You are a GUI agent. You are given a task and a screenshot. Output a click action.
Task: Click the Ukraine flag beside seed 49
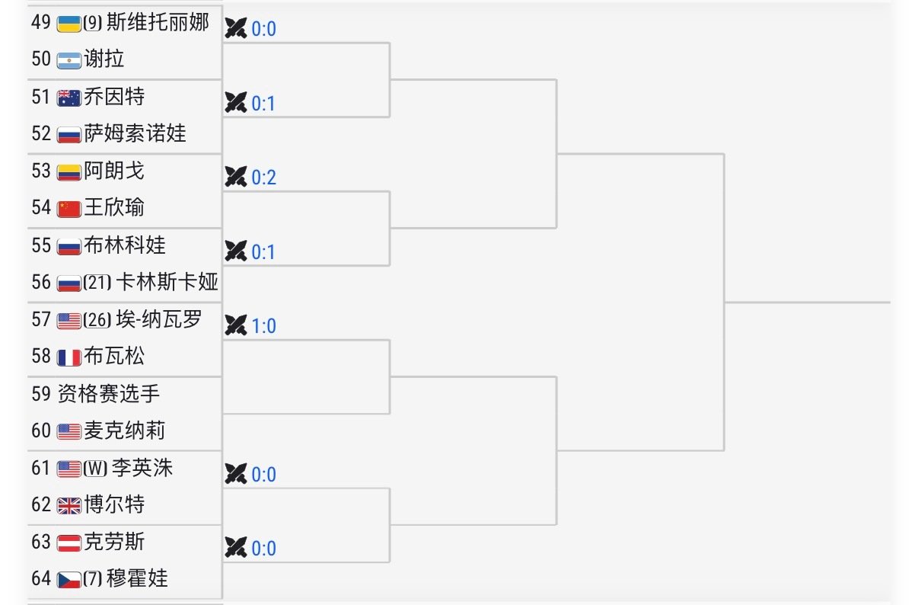(69, 24)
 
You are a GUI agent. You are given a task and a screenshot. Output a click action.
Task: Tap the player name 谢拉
(104, 59)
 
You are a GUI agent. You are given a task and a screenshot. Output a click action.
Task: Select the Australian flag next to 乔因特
(69, 98)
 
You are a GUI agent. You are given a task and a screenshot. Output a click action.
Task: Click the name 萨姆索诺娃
(135, 133)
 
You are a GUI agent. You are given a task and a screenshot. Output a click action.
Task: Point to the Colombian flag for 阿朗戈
(69, 173)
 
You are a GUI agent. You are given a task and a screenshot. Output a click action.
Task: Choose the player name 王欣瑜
(114, 207)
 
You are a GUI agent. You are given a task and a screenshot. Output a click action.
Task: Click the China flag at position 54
(69, 210)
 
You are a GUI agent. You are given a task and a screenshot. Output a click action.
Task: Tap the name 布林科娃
(125, 245)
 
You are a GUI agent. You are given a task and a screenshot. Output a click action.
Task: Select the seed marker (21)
(97, 283)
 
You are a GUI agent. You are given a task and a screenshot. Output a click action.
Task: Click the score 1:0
(263, 326)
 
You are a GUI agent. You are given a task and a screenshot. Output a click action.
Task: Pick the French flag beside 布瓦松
(69, 357)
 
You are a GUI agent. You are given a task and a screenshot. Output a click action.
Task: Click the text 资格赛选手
(109, 394)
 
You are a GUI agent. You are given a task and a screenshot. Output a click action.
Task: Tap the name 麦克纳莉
(125, 431)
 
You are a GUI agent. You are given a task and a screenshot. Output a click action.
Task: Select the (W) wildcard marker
(95, 469)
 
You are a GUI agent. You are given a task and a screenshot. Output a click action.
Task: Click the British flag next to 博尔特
(69, 506)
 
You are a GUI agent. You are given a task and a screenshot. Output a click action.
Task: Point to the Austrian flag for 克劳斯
(69, 543)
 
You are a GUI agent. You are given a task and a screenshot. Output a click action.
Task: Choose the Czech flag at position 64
(69, 580)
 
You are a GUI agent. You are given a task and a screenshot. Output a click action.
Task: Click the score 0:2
(263, 178)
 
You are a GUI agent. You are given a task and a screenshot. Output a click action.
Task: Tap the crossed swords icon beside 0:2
(236, 177)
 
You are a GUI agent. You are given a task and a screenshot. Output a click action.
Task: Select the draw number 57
(41, 319)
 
